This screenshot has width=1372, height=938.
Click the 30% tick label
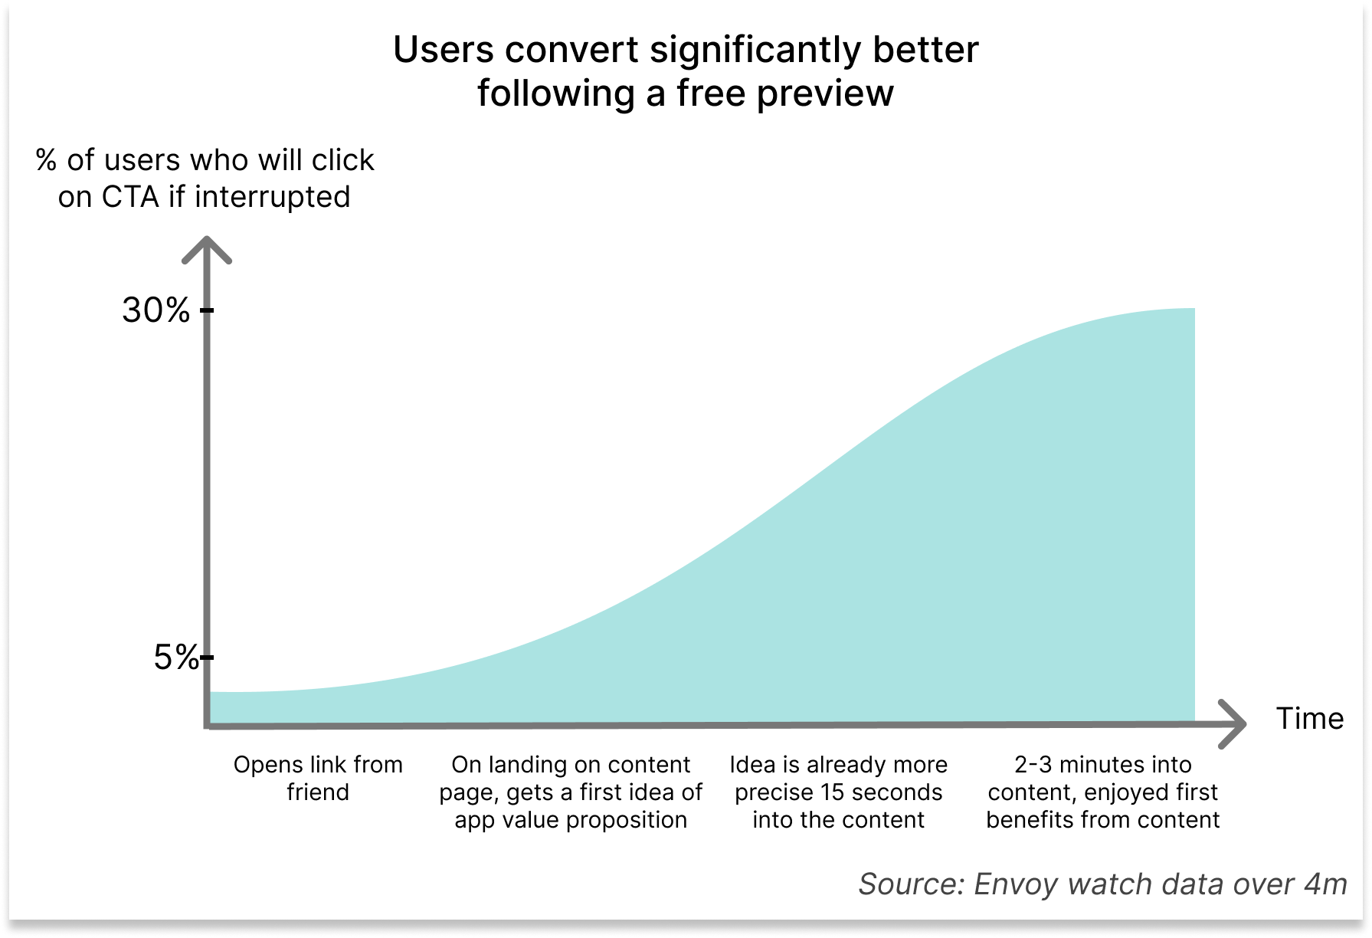[x=156, y=310]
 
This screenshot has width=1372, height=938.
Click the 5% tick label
[x=176, y=658]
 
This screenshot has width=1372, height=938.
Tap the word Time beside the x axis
[x=1309, y=719]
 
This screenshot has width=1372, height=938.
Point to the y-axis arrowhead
[x=206, y=250]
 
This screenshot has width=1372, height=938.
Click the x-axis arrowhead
[x=1232, y=723]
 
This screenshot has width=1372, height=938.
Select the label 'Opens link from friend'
[x=318, y=778]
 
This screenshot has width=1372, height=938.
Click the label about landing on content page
[x=571, y=792]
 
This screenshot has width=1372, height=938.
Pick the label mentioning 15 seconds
[x=838, y=792]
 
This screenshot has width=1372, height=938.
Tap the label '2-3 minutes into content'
[x=1102, y=792]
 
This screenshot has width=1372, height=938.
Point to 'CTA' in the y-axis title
[x=130, y=197]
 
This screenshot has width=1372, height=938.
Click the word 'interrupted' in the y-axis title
[x=273, y=198]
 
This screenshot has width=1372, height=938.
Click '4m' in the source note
[x=1326, y=884]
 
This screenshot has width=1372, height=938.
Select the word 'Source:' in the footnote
[x=912, y=884]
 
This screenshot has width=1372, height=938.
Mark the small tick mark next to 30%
[x=207, y=310]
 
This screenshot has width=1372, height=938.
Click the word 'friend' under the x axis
[x=318, y=792]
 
